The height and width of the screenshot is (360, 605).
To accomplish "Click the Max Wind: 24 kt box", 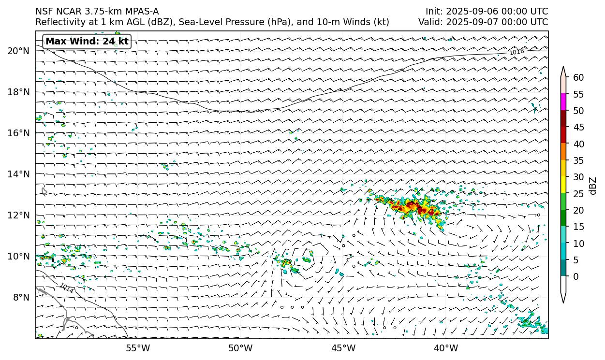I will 87,42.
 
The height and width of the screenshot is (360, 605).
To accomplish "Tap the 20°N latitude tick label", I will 18,51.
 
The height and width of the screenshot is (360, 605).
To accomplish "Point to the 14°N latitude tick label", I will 18,174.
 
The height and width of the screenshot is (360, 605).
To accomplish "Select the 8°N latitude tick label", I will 20,297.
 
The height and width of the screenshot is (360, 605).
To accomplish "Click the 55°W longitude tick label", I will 138,347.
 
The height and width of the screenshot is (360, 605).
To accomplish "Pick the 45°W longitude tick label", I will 343,347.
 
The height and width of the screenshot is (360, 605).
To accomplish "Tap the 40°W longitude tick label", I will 446,347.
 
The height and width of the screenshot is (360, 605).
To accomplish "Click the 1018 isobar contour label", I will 516,52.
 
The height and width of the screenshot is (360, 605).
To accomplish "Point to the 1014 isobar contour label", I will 66,288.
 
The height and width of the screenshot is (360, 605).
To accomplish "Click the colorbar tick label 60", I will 578,78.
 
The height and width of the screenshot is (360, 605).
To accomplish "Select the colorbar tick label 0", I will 575,277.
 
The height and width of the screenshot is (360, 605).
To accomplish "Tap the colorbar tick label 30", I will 578,177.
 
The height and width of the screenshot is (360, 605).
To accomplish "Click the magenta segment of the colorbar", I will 564,102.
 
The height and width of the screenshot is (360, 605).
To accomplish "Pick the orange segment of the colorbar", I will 564,152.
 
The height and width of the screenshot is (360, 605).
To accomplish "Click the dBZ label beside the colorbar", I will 593,186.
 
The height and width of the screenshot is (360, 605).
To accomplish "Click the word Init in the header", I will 434,12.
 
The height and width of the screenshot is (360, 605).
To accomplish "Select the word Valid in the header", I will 429,22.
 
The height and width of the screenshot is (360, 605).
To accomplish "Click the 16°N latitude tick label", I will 18,133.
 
